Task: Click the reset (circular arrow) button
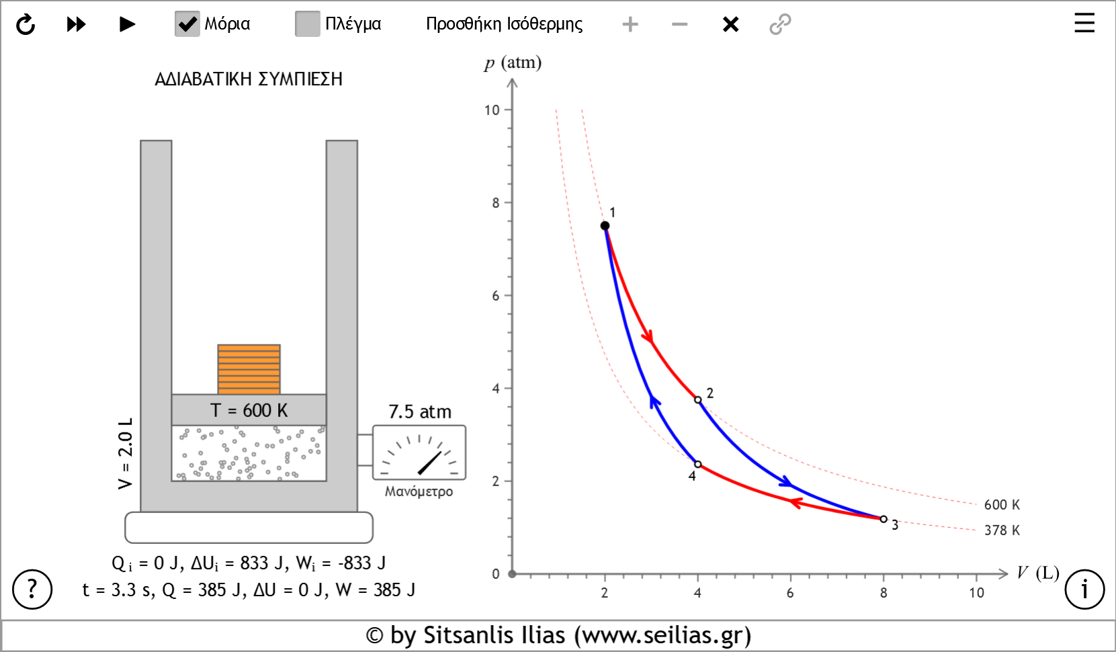tap(26, 25)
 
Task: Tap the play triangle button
tap(126, 25)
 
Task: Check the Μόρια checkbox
tap(187, 24)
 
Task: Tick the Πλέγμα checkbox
tap(307, 24)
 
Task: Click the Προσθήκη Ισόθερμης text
tap(504, 24)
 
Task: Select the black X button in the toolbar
tap(730, 25)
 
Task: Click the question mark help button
tap(32, 589)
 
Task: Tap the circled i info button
tap(1084, 589)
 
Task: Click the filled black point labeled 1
tap(605, 226)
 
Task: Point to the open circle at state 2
tap(697, 400)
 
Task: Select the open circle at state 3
tap(884, 519)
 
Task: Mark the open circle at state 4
tap(697, 464)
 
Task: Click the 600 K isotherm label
tap(1001, 505)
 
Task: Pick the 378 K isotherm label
tap(1001, 530)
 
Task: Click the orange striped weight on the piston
tap(249, 369)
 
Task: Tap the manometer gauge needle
tap(430, 462)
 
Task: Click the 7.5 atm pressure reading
tap(420, 412)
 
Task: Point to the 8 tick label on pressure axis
tap(496, 203)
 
